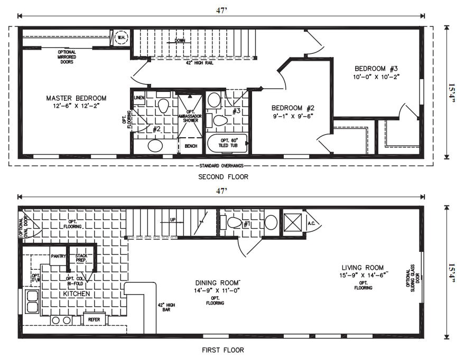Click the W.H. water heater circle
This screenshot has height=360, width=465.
coord(120,37)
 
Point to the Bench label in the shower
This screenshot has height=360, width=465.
coord(191,146)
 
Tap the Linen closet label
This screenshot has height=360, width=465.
coord(139,98)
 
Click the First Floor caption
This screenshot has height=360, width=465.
coord(223,349)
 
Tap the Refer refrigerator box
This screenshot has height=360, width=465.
coord(94,319)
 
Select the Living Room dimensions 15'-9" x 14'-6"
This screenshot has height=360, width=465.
coord(362,275)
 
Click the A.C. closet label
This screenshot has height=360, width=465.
coord(311,223)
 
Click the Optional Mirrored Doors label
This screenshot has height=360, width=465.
coord(67,56)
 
